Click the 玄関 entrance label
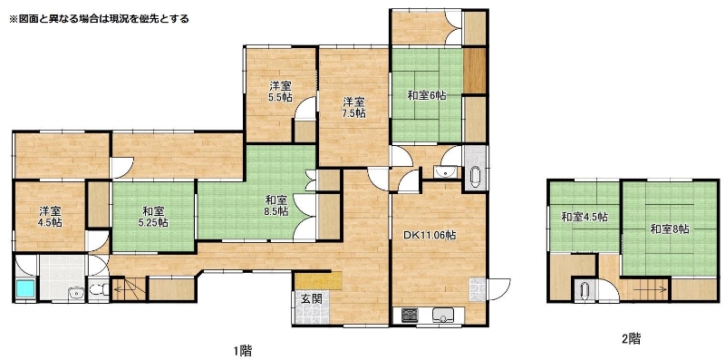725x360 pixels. point(311,298)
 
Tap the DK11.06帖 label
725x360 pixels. point(430,235)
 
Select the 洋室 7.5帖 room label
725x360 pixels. point(354,107)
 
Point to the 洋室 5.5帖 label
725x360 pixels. point(281,92)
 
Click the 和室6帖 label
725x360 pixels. point(426,96)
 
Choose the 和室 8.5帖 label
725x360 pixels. point(276,206)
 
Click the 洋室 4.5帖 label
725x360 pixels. point(51,217)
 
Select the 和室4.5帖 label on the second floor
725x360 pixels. point(585,217)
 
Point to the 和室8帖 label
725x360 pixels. point(670,229)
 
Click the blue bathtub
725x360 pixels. point(26,288)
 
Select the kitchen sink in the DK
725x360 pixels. point(443,316)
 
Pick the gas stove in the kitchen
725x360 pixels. point(410,316)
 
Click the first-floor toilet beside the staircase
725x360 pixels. point(98,290)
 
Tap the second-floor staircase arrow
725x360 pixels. point(650,289)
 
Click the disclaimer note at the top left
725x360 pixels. point(99,19)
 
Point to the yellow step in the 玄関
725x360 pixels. point(318,281)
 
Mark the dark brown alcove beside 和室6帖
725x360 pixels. point(474,71)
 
